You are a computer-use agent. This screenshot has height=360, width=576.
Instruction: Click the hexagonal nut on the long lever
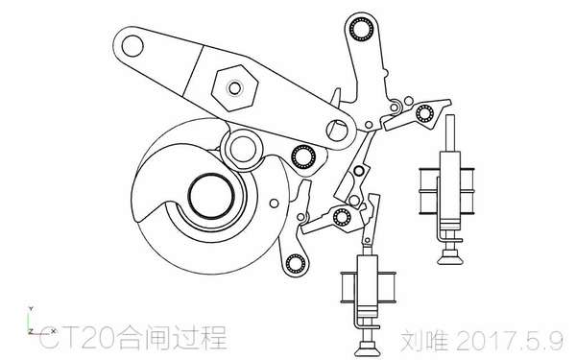coord(235,88)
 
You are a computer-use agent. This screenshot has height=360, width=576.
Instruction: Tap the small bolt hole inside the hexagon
coord(235,88)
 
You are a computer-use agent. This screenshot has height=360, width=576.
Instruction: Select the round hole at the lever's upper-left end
coord(132,46)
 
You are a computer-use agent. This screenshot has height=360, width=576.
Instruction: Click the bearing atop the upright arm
coord(362,29)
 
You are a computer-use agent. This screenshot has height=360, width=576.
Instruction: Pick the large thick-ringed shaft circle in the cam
coord(211,197)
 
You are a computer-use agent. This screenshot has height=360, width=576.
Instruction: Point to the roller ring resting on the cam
coord(243,149)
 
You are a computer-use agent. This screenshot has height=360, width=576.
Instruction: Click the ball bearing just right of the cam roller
coord(303,156)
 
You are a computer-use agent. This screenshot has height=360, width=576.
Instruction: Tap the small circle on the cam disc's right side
coord(274,204)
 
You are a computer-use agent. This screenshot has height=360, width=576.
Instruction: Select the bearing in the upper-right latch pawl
coord(424,113)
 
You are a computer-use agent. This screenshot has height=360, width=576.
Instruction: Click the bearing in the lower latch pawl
coord(342,217)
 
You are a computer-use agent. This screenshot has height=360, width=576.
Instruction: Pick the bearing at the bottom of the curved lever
coord(296,264)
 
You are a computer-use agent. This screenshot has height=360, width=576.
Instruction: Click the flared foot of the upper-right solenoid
coord(450,257)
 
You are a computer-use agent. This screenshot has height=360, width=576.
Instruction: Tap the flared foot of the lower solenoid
coord(369,349)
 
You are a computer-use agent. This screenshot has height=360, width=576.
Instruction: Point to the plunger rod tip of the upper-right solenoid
coord(450,117)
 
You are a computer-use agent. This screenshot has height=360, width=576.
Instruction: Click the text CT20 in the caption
coord(79,337)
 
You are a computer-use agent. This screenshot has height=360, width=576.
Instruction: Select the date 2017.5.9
coord(510,341)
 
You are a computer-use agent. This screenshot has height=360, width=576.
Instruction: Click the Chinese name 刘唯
coord(424,341)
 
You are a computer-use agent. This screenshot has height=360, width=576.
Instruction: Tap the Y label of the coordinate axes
coord(32,309)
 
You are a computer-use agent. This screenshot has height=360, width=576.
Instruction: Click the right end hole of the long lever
coord(337,130)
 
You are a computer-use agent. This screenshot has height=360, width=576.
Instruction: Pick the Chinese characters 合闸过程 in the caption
coord(173,337)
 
